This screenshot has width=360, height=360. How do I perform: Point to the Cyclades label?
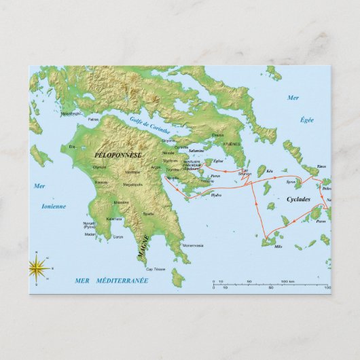pos(298,200)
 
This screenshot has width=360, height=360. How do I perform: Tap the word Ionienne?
pos(54,206)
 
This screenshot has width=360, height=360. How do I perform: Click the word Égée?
pos(307,120)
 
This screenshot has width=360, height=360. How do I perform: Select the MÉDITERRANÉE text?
pos(122,280)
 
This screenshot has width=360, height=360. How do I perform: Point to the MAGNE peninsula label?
pos(143,242)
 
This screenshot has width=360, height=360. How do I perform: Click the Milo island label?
pos(278,247)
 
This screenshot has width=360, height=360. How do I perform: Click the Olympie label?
pos(99,166)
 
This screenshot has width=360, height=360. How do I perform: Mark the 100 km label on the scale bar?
pos(287,281)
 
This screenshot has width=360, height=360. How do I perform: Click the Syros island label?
pos(291,182)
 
